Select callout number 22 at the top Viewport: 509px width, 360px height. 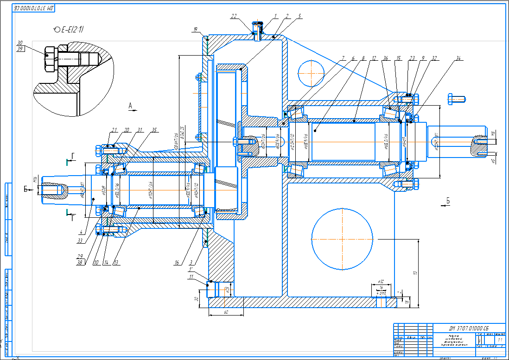tap(234, 16)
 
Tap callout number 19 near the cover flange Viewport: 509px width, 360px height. tap(195, 30)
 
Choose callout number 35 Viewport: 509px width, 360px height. tap(154, 130)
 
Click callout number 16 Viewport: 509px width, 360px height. tap(177, 263)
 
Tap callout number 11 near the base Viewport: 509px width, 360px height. tap(191, 277)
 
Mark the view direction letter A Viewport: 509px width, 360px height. tap(131, 106)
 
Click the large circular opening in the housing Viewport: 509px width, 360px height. tap(342, 238)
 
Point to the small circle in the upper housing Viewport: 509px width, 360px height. tap(310, 73)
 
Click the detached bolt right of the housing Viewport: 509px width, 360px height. tap(456, 98)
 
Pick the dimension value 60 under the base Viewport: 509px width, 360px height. tap(226, 313)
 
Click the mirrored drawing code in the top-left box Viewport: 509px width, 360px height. tap(34, 8)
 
